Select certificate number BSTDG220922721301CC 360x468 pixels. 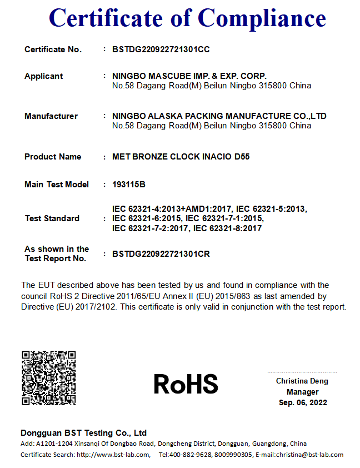coord(161,49)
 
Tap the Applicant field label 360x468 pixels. coord(44,76)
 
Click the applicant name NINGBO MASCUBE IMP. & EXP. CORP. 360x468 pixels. coord(189,76)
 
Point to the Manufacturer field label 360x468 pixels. coord(51,116)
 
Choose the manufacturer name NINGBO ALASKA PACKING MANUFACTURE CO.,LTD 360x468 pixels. coord(219,116)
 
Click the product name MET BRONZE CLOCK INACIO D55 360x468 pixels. coord(181,157)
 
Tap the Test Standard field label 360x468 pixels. coord(52,218)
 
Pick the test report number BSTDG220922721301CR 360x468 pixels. coord(161,254)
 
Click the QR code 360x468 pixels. coord(48,378)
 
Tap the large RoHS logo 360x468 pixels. coord(186,384)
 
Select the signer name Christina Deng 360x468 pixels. coord(302,381)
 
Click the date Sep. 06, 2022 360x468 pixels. coord(303,402)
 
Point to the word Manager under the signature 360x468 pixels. coord(303,392)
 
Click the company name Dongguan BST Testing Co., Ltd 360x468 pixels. coord(83,433)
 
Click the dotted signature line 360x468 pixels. coord(302,372)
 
